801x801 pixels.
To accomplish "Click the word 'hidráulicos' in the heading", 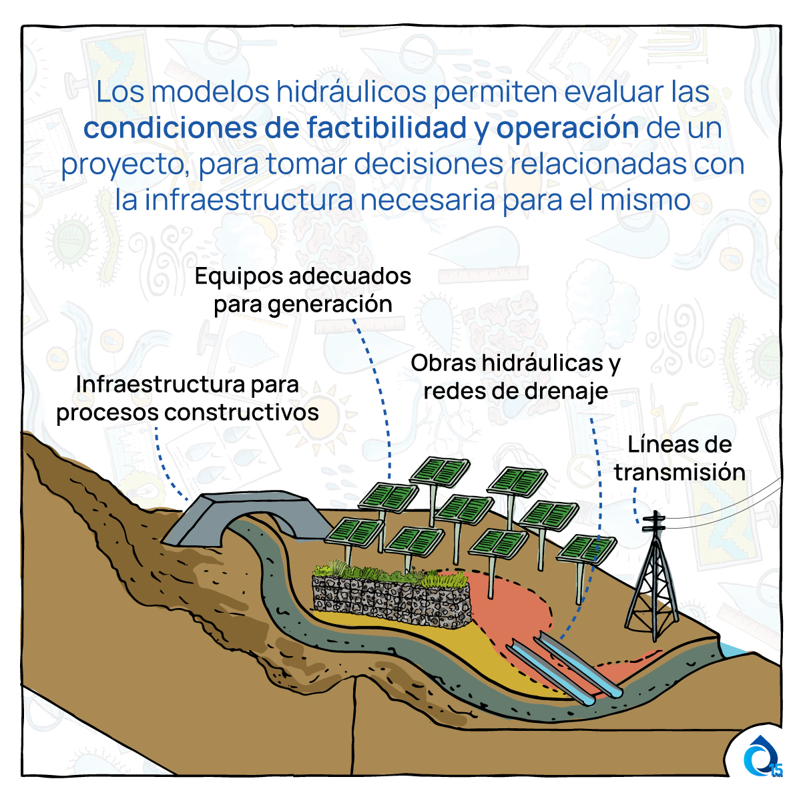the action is pyautogui.click(x=351, y=91).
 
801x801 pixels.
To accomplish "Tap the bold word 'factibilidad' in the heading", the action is pyautogui.click(x=386, y=128).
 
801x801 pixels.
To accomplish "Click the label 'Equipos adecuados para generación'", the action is pyautogui.click(x=303, y=290).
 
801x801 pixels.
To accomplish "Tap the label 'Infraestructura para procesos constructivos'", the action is pyautogui.click(x=188, y=398).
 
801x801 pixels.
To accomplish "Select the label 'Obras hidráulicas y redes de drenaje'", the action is pyautogui.click(x=515, y=377).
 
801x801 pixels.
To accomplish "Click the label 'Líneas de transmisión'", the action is pyautogui.click(x=680, y=459).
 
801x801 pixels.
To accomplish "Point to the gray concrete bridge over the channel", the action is pyautogui.click(x=245, y=516).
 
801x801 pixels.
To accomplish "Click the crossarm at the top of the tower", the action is pyautogui.click(x=654, y=523).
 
